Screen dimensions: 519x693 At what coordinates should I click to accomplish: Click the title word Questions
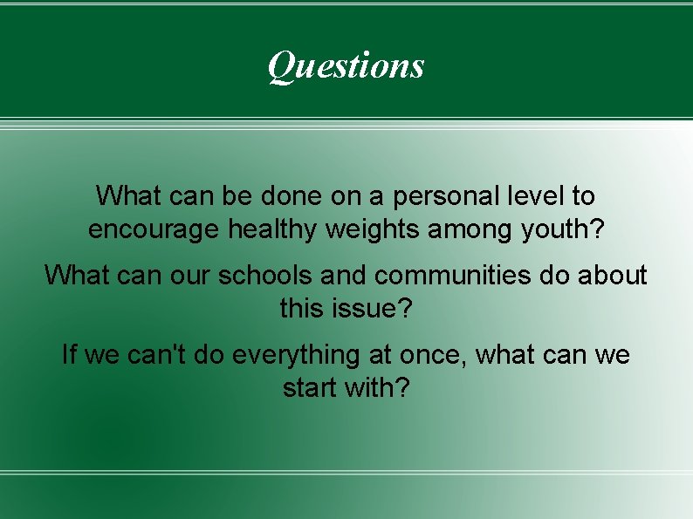(x=346, y=65)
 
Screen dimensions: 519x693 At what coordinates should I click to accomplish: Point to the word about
(x=611, y=276)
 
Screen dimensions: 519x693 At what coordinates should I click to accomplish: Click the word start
(x=310, y=387)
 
